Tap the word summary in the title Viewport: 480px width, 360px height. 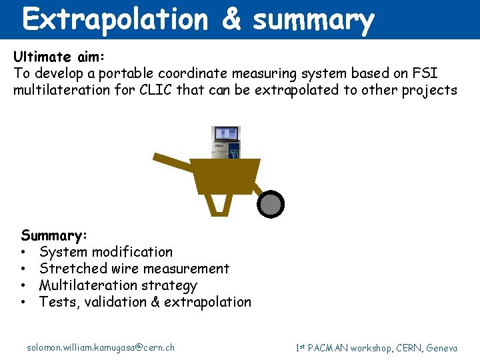313,20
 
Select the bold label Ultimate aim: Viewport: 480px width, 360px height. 56,57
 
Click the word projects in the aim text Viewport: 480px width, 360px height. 429,91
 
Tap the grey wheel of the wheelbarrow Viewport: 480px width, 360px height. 271,204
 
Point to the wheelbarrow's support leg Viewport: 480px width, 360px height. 218,203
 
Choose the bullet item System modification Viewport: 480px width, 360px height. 106,252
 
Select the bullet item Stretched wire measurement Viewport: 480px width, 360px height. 134,269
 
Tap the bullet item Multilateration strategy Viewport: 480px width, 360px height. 118,285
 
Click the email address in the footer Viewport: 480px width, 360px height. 101,347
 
